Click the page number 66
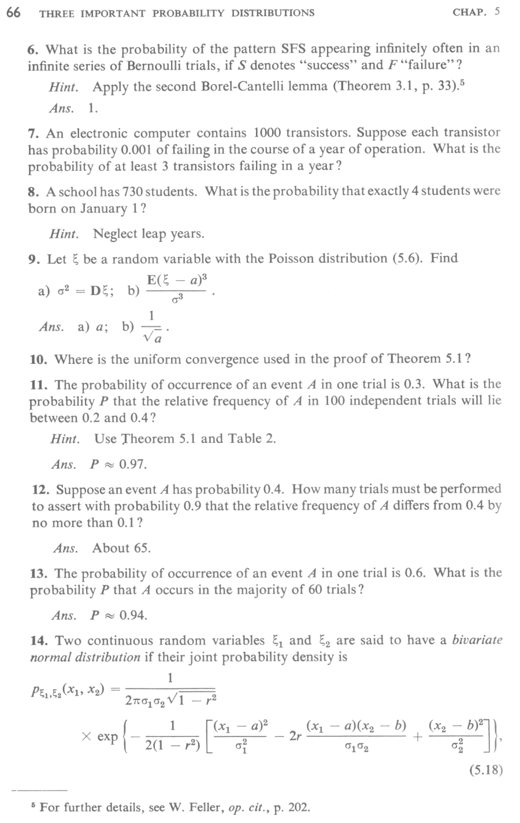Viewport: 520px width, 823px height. (14, 12)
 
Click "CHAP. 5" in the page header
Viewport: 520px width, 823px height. (476, 12)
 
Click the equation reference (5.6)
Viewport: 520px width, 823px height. (393, 258)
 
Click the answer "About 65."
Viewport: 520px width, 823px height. (121, 548)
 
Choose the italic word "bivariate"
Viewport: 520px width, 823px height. (477, 640)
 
